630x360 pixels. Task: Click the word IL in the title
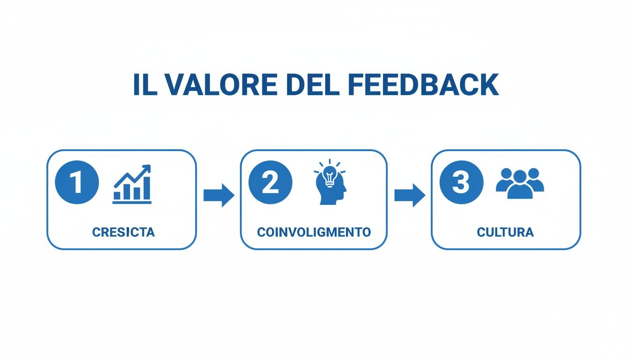[x=144, y=85]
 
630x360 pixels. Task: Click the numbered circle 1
[x=77, y=183]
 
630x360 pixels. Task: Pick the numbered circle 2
[x=270, y=183]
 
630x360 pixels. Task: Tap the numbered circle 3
[x=461, y=183]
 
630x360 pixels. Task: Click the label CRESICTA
[x=123, y=232]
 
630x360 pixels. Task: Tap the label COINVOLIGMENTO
[x=314, y=232]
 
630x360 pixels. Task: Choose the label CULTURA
[x=505, y=232]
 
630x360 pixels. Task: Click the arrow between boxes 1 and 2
[x=218, y=195]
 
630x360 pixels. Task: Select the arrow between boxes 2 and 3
[x=409, y=195]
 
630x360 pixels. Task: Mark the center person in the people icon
[x=520, y=185]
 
